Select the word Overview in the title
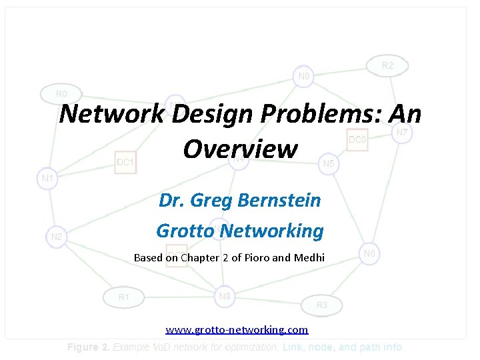click(x=240, y=149)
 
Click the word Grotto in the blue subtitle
click(x=185, y=231)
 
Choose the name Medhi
click(x=309, y=257)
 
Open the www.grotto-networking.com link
click(x=237, y=329)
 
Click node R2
click(x=387, y=65)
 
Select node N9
click(x=303, y=76)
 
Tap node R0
click(x=61, y=94)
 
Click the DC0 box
click(x=357, y=140)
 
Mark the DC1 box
click(x=125, y=162)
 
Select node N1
click(x=47, y=179)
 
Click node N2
click(x=57, y=236)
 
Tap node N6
click(x=370, y=253)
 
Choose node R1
click(x=124, y=297)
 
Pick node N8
click(x=225, y=296)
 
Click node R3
click(x=322, y=305)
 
